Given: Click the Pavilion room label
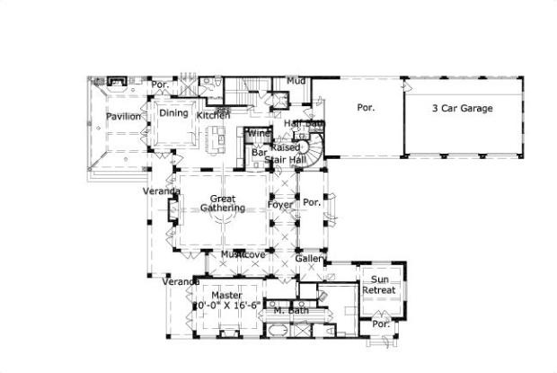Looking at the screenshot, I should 123,117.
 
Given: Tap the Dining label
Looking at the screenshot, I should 174,113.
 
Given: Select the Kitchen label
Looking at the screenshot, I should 214,115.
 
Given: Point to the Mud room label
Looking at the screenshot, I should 296,81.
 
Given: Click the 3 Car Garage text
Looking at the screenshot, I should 462,108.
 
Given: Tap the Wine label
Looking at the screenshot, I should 260,134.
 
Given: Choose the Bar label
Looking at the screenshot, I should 259,153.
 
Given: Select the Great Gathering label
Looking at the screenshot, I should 222,203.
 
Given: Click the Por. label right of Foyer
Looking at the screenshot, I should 312,202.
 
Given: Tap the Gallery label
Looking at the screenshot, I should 311,259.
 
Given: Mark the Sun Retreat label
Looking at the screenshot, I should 379,285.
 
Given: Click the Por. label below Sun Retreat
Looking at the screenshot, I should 380,324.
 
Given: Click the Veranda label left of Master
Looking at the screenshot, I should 181,282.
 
